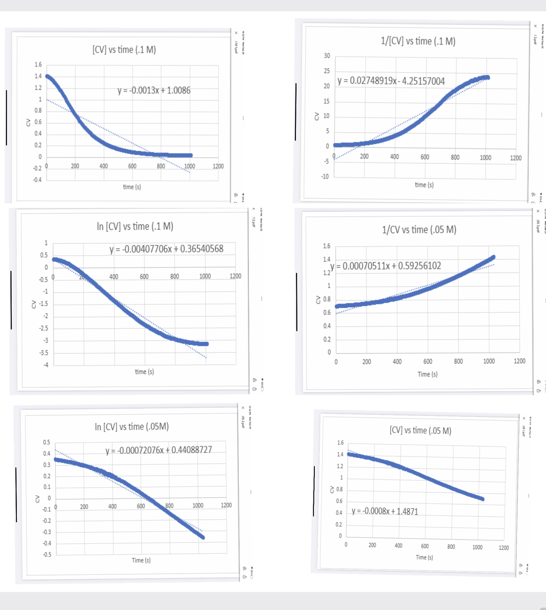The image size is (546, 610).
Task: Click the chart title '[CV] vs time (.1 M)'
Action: [124, 50]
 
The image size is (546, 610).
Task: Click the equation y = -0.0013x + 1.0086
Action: [153, 90]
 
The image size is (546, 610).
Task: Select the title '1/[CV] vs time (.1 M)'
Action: [418, 41]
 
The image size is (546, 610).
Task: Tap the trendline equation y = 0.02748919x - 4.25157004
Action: [391, 81]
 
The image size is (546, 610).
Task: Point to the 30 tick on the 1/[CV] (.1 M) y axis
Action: [327, 56]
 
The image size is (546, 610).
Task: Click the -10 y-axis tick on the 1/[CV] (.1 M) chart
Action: [325, 177]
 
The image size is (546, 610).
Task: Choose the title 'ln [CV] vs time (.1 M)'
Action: [135, 226]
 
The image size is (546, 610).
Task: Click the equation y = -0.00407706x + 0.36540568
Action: [166, 249]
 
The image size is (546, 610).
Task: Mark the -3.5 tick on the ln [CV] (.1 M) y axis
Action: [44, 353]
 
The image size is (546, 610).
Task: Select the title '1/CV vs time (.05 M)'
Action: [419, 230]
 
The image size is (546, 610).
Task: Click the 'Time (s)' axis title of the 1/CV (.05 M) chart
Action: [428, 374]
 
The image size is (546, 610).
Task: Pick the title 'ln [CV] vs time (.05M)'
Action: [132, 427]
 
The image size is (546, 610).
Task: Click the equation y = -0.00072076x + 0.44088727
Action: [158, 450]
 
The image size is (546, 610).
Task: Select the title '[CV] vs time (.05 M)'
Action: [420, 430]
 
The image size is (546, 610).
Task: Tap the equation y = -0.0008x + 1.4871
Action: [385, 511]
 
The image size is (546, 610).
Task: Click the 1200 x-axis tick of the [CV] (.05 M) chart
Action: [504, 548]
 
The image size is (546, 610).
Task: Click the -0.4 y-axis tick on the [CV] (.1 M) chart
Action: [37, 180]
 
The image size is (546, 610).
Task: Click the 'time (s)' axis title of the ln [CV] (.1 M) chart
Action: [144, 372]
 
